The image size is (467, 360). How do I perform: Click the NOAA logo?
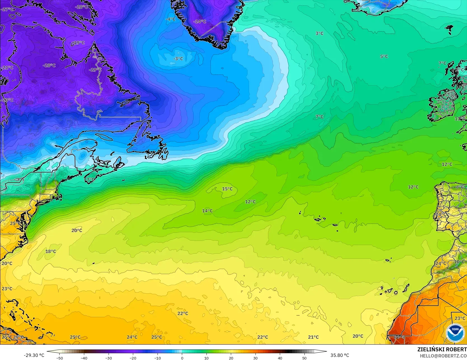[455, 333]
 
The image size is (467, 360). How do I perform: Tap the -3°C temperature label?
[178, 59]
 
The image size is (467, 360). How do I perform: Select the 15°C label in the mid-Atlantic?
[227, 189]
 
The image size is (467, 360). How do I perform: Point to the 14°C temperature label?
[207, 211]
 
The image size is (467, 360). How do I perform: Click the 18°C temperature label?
[51, 251]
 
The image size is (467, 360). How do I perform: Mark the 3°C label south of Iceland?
[319, 33]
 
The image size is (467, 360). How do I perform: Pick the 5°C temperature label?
[384, 57]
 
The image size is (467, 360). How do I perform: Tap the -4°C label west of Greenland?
[170, 19]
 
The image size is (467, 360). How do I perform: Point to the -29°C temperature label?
[95, 70]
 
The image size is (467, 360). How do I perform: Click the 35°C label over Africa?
[399, 337]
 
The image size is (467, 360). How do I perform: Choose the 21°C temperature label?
[313, 337]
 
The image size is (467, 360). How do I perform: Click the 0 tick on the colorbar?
[182, 358]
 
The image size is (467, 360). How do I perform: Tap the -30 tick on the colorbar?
[109, 358]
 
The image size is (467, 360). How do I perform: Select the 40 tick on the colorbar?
[280, 358]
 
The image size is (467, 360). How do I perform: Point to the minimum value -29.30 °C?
[34, 355]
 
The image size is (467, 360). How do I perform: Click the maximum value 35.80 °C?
[340, 355]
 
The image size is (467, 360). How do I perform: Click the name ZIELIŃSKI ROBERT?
[442, 349]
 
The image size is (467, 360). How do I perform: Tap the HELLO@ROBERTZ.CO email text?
[443, 356]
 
